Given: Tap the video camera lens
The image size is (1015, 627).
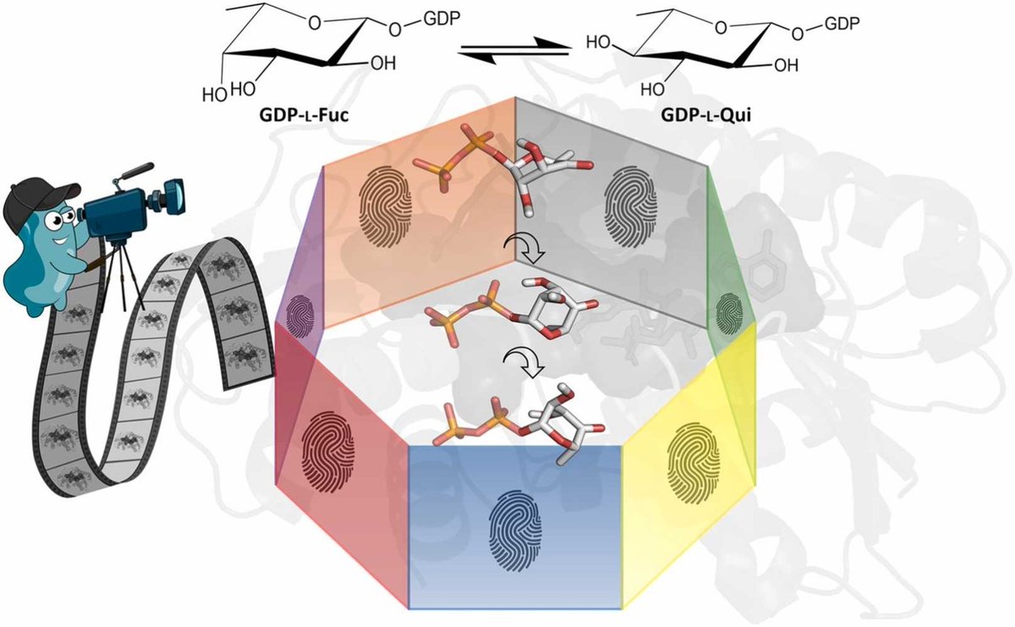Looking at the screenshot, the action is pos(180,196).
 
